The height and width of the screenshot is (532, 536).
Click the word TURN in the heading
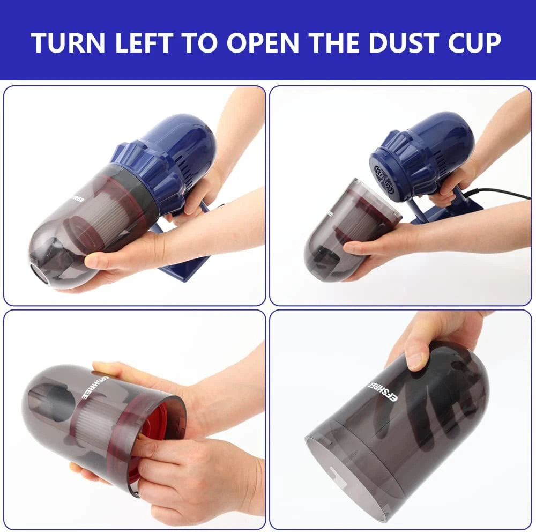point(68,43)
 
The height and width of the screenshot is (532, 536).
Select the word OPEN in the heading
point(262,43)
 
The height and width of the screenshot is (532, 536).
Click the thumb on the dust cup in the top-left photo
point(102,261)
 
